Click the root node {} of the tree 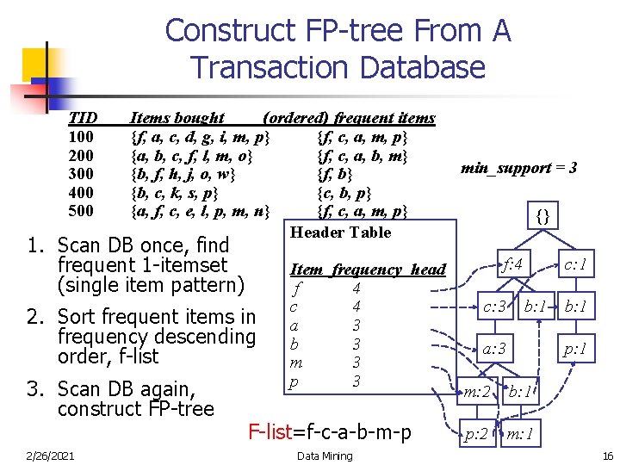click(542, 215)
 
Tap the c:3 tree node click(493, 307)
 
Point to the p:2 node click(476, 434)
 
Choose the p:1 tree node click(574, 349)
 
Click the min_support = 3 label click(518, 168)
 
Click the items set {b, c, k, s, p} click(173, 192)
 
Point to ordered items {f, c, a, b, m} click(362, 156)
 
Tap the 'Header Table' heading click(340, 232)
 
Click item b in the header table click(294, 344)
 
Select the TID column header click(83, 118)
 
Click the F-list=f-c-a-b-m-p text click(329, 431)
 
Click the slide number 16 click(607, 456)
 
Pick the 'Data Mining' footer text click(324, 456)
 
